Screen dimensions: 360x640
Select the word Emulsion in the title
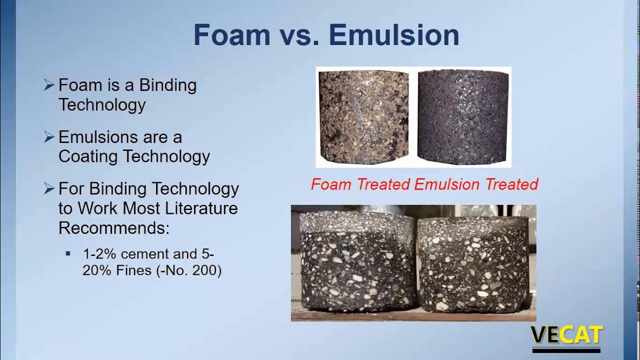[394, 35]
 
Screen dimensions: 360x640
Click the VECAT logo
[566, 335]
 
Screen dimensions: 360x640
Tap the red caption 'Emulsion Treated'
[476, 184]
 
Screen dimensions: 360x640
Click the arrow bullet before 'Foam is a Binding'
[48, 85]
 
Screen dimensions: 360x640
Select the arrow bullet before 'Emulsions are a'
[48, 137]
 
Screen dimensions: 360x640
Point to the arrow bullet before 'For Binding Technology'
[48, 188]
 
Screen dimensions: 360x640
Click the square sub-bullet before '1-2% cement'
[68, 253]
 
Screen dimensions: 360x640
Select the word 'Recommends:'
[114, 227]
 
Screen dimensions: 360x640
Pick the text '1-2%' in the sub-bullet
[99, 253]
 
